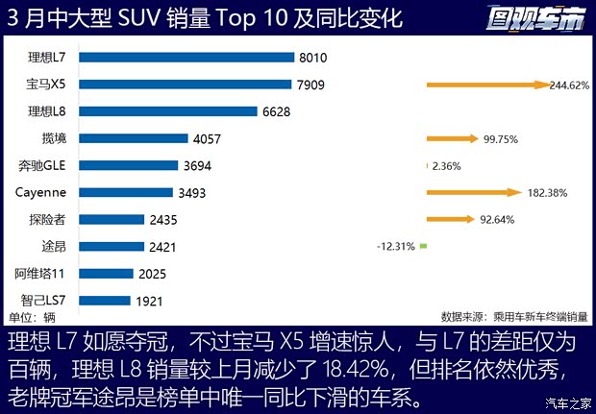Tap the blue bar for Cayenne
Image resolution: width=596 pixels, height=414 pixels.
click(x=126, y=192)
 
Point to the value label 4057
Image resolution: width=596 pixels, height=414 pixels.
click(x=208, y=138)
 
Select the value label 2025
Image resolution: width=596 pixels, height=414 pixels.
click(x=153, y=274)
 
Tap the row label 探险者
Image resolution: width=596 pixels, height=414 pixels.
click(x=48, y=219)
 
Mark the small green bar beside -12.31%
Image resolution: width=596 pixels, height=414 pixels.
click(x=423, y=246)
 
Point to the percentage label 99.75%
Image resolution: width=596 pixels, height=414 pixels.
click(x=501, y=138)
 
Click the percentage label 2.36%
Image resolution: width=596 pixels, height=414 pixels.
click(x=447, y=165)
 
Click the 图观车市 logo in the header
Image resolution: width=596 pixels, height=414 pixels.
click(x=534, y=17)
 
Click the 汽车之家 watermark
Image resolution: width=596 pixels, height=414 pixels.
click(x=567, y=402)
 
